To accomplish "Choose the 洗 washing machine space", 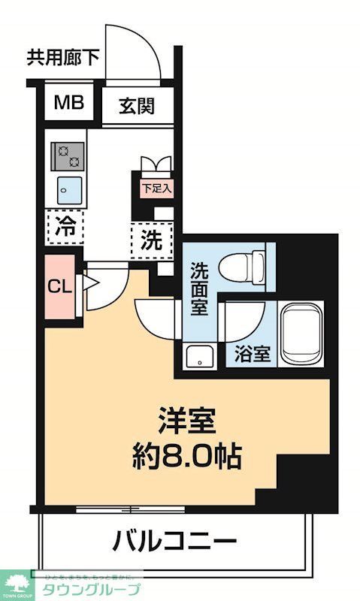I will (151, 240).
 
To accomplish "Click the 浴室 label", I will (252, 353).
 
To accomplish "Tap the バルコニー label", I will (176, 539).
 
